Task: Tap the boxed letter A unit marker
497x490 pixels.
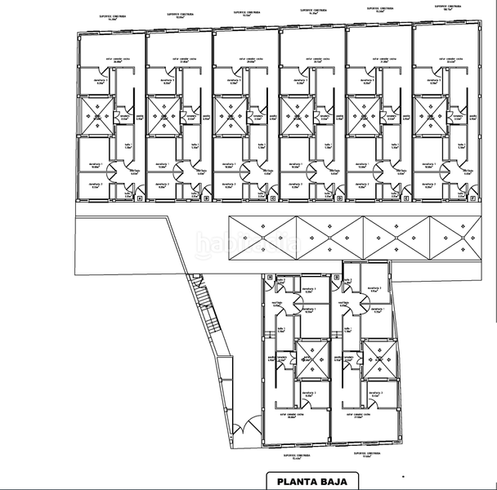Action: [139, 197]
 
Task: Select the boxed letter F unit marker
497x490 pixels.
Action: [473, 197]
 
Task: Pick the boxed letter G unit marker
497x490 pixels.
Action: [336, 278]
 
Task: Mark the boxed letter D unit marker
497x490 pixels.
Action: [340, 197]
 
